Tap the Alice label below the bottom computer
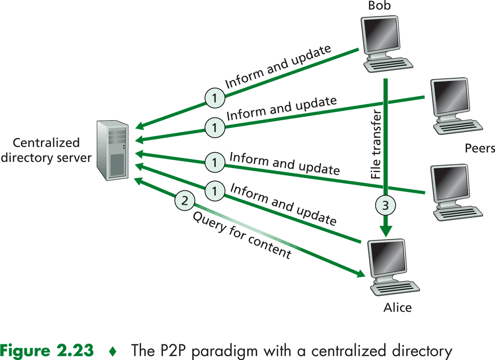point(397,308)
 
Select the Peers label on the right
point(480,148)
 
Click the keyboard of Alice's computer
point(395,287)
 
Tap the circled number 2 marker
point(185,201)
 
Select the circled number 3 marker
point(385,205)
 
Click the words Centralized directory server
point(46,150)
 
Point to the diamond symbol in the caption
point(113,350)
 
